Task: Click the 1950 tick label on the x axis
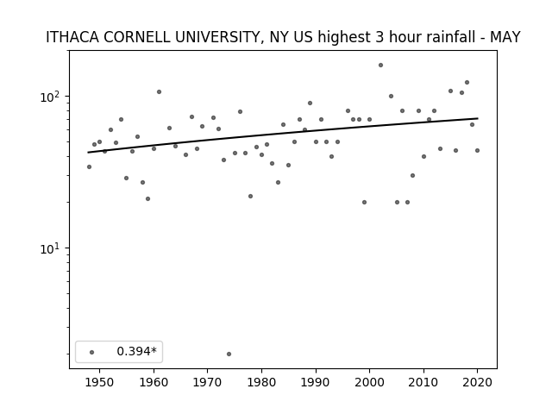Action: point(100,382)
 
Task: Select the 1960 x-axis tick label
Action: point(154,382)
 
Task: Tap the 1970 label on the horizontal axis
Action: point(208,382)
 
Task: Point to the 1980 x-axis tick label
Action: point(261,382)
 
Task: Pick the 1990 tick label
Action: point(316,382)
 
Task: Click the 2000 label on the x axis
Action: point(370,382)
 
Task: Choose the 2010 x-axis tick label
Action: point(423,382)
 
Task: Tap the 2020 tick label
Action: point(478,382)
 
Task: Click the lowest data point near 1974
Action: point(229,354)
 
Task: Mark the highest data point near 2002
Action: point(380,66)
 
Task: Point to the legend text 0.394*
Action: point(136,351)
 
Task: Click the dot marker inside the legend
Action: point(92,352)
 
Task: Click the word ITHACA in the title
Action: point(72,37)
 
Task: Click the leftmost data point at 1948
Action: point(89,166)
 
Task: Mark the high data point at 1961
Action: point(159,92)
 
